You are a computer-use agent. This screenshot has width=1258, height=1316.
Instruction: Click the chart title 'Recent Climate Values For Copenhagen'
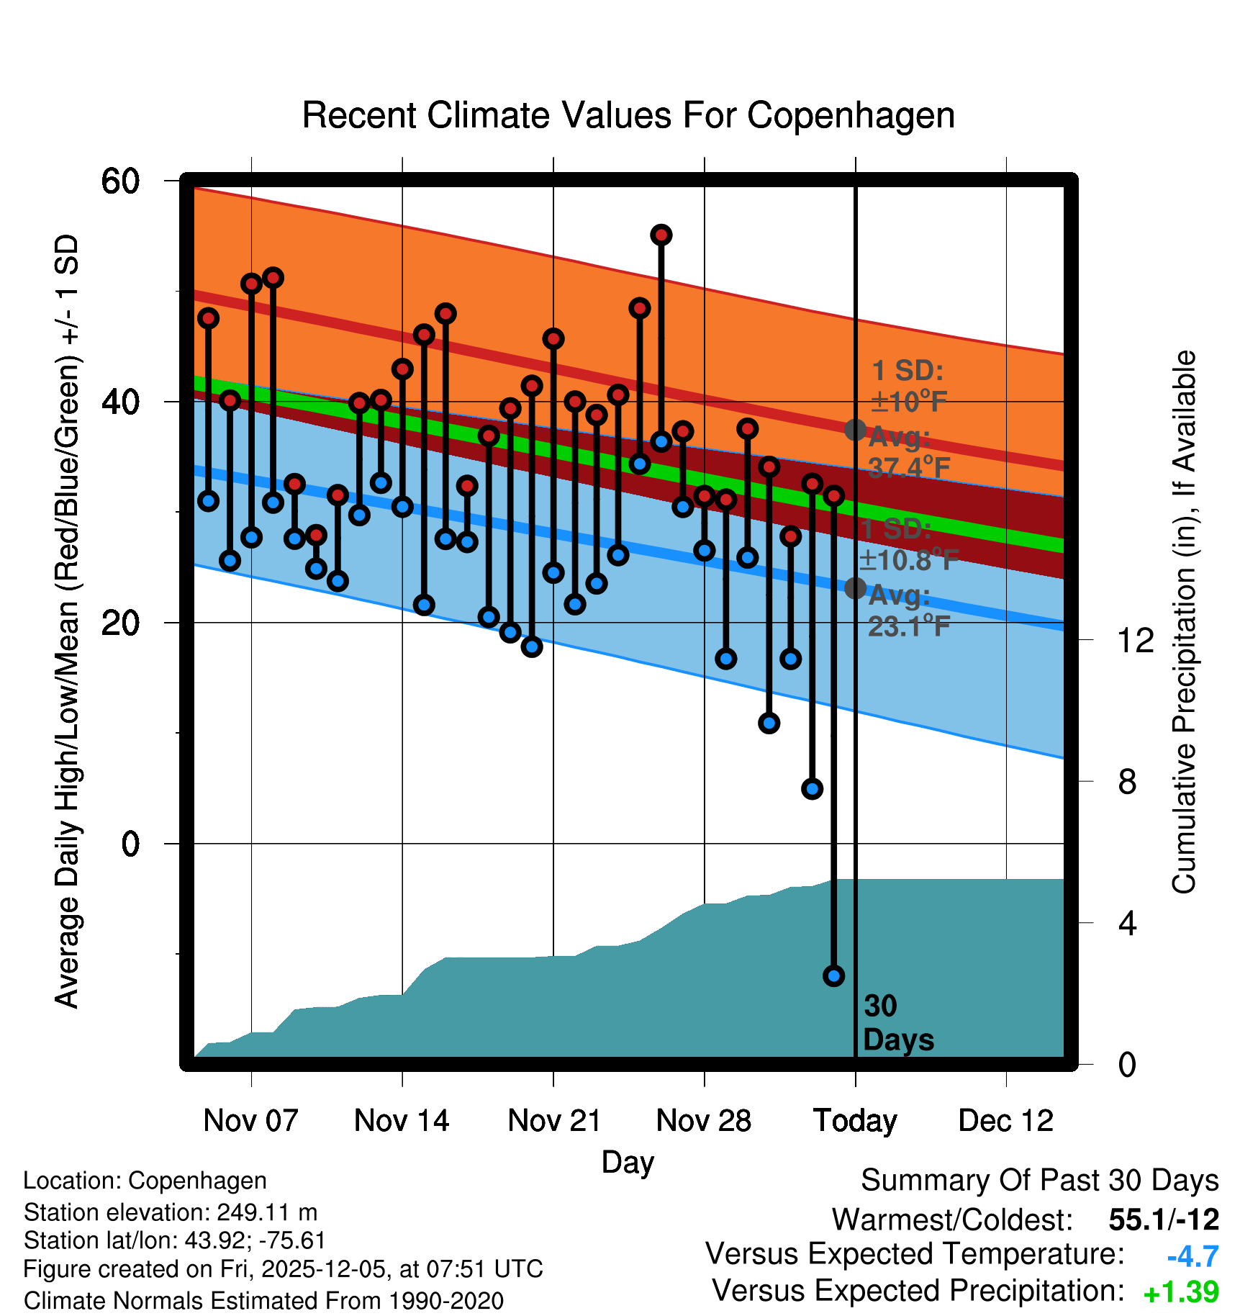(628, 115)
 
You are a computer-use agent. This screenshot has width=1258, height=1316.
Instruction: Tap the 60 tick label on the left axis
(120, 181)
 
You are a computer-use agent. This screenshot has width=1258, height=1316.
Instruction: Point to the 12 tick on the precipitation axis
(1135, 640)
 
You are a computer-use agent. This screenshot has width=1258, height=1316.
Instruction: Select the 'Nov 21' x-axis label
(553, 1120)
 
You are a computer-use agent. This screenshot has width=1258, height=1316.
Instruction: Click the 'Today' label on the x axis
(855, 1120)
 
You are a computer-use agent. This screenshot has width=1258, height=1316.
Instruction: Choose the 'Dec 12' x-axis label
(1005, 1120)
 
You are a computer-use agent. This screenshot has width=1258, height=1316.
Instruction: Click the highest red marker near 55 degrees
(661, 235)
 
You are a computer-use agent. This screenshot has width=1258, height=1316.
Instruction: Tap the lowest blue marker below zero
(833, 975)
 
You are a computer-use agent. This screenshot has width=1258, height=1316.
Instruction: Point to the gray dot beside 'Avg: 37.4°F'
(855, 430)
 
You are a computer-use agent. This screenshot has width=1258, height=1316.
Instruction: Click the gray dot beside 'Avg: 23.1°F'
(855, 588)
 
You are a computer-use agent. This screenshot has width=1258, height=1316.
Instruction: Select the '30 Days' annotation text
(897, 1023)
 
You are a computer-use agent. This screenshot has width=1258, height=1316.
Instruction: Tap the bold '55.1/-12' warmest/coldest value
(1164, 1220)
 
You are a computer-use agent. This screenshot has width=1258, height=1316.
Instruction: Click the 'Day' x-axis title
(628, 1162)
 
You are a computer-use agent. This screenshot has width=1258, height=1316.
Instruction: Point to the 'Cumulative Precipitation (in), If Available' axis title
(1184, 623)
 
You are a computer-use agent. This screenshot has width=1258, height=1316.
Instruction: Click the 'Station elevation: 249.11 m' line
(171, 1212)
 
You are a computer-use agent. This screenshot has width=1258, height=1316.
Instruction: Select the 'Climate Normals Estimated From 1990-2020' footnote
(263, 1301)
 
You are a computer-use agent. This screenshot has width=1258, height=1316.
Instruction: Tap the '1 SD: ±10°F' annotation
(908, 386)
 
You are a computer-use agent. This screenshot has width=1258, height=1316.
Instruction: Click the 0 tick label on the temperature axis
(130, 844)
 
